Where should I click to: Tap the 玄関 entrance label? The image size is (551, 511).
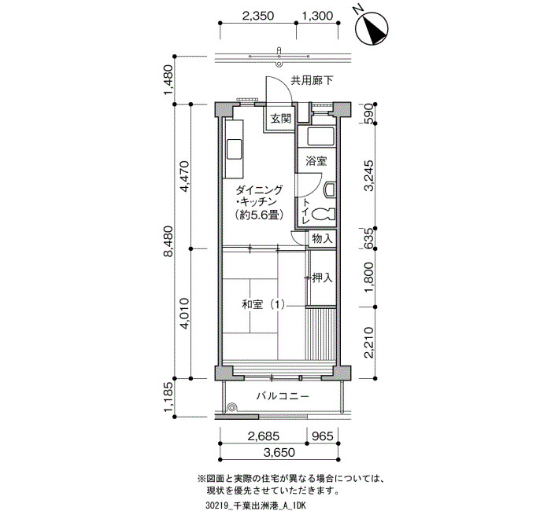coord(281,119)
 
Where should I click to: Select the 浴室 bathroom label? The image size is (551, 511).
coord(316,161)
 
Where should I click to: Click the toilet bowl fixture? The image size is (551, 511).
coord(324,214)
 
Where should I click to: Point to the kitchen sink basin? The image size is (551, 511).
coord(234,149)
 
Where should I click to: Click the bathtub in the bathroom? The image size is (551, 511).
coord(320,137)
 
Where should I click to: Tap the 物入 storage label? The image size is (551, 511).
coord(322,239)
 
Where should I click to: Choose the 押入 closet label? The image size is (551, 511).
coord(322,278)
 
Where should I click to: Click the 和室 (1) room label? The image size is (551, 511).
coord(263,304)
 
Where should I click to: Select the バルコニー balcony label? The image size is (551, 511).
coord(283,396)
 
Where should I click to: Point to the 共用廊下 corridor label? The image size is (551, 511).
coord(312,81)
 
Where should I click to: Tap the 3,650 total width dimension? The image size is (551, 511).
coord(279,453)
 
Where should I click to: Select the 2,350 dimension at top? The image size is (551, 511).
coord(257,16)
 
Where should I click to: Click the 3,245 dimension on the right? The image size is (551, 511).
coord(368,175)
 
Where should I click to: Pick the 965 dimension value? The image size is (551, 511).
coord(323,436)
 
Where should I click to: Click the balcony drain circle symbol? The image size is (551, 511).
coord(232,407)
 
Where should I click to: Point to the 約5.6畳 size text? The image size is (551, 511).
coord(260,215)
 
